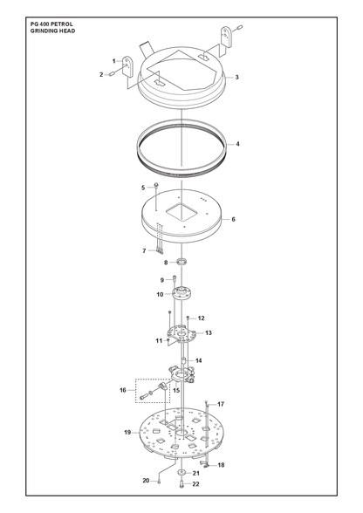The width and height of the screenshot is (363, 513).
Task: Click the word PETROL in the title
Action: coord(62,24)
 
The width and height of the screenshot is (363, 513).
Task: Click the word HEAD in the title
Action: coord(67,31)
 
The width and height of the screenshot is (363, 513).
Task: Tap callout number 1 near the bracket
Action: coord(114,61)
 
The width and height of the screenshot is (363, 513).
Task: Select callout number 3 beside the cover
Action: coord(236,77)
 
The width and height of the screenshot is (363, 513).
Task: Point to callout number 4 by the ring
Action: coord(237,144)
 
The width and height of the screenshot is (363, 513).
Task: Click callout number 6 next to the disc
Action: coord(233,219)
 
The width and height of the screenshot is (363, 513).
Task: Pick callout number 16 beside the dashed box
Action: coord(123,390)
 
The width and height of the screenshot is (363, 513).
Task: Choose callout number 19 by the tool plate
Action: coord(127,432)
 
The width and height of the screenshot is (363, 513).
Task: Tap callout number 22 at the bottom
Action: coord(195,484)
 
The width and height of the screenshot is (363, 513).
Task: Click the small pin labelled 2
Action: coord(111,74)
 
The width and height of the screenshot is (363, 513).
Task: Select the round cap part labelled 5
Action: coord(156,186)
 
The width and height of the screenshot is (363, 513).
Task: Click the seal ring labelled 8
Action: coord(183,262)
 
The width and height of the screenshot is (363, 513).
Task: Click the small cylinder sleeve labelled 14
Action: coord(183,360)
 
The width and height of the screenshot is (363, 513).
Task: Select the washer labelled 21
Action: coord(181,473)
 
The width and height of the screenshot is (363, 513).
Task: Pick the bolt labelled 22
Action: coord(181,483)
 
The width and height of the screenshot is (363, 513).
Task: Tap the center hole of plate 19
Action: coord(181,433)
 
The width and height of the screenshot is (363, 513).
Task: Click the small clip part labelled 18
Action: coord(204,463)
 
